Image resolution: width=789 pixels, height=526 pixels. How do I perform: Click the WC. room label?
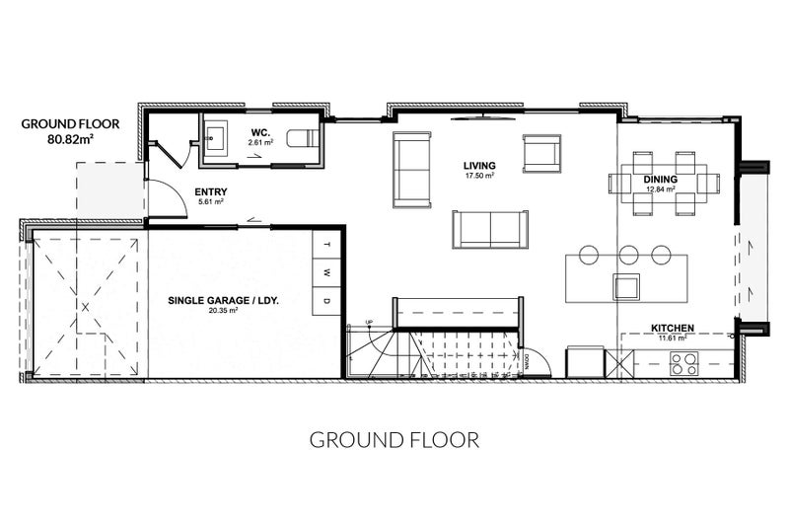point(260,133)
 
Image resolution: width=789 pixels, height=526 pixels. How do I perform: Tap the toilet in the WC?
point(303,138)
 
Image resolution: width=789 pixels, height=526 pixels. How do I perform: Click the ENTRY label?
point(211,191)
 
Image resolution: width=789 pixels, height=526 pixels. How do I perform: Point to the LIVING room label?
point(479,165)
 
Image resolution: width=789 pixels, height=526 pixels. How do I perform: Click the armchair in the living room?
point(541,153)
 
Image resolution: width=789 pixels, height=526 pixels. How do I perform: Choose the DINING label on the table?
point(660,180)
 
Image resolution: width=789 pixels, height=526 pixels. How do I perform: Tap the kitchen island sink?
point(626,286)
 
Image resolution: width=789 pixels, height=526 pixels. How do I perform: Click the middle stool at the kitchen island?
point(628,255)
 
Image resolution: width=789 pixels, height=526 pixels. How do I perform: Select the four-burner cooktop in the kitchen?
point(684,363)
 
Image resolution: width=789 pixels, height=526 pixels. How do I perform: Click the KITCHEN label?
point(673,329)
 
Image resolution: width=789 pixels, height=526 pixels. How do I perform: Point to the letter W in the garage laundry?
point(326,272)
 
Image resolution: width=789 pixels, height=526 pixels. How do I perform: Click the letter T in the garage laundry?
point(326,245)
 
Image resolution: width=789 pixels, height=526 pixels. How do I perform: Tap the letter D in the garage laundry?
point(326,301)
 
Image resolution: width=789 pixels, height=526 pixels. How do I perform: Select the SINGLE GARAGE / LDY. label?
point(224,300)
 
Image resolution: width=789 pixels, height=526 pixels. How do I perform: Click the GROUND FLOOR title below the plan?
point(394,440)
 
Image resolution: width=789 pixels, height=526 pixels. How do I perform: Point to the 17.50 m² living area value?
point(479,176)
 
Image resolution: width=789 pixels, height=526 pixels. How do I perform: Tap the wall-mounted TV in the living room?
point(483,118)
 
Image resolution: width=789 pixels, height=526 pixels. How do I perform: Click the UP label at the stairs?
point(369,322)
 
